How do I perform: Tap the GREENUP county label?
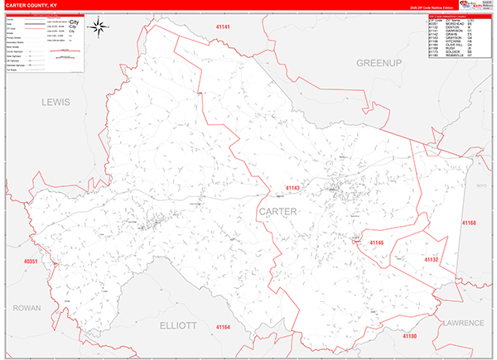[x=378, y=63]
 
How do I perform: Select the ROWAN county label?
[x=27, y=308]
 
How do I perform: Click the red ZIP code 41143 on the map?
[x=292, y=189]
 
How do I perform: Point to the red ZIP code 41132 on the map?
[x=431, y=260]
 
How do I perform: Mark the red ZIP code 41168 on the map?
[x=469, y=223]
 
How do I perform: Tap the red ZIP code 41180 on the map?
[x=411, y=337]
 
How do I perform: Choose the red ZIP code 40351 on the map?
[x=31, y=262]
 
